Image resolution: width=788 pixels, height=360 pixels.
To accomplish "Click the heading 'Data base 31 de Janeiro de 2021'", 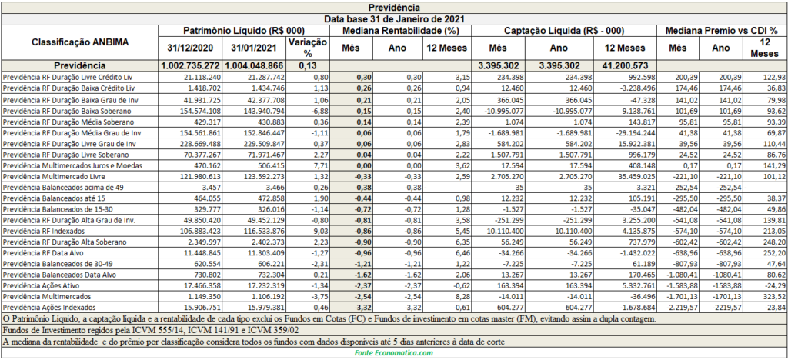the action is [393, 19].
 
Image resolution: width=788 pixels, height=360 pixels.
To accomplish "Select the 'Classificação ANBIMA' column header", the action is [80, 42].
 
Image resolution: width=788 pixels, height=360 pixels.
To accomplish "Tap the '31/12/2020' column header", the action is [191, 48].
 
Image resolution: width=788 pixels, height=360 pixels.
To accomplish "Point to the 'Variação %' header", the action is [308, 48].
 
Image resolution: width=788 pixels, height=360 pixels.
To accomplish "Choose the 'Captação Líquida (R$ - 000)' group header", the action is [564, 31].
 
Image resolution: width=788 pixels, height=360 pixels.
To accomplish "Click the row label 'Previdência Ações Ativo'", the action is [38, 285].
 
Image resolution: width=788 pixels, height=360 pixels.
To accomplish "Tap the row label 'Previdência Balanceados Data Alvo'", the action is [52, 275].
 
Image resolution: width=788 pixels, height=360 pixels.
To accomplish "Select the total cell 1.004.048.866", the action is [254, 66].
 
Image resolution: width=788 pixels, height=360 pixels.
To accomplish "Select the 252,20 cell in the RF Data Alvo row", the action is [774, 253].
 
